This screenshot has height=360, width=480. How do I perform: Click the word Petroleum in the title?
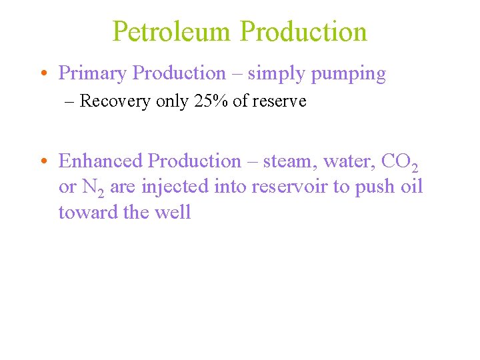click(172, 31)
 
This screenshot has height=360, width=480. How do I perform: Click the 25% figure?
click(211, 101)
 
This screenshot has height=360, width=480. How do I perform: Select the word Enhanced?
click(101, 161)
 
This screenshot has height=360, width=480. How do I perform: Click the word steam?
click(290, 161)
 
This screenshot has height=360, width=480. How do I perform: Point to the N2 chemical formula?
click(93, 188)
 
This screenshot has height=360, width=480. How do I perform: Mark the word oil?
click(411, 187)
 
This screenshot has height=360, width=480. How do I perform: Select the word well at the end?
click(177, 213)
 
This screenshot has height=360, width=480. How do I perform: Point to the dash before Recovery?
click(71, 101)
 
